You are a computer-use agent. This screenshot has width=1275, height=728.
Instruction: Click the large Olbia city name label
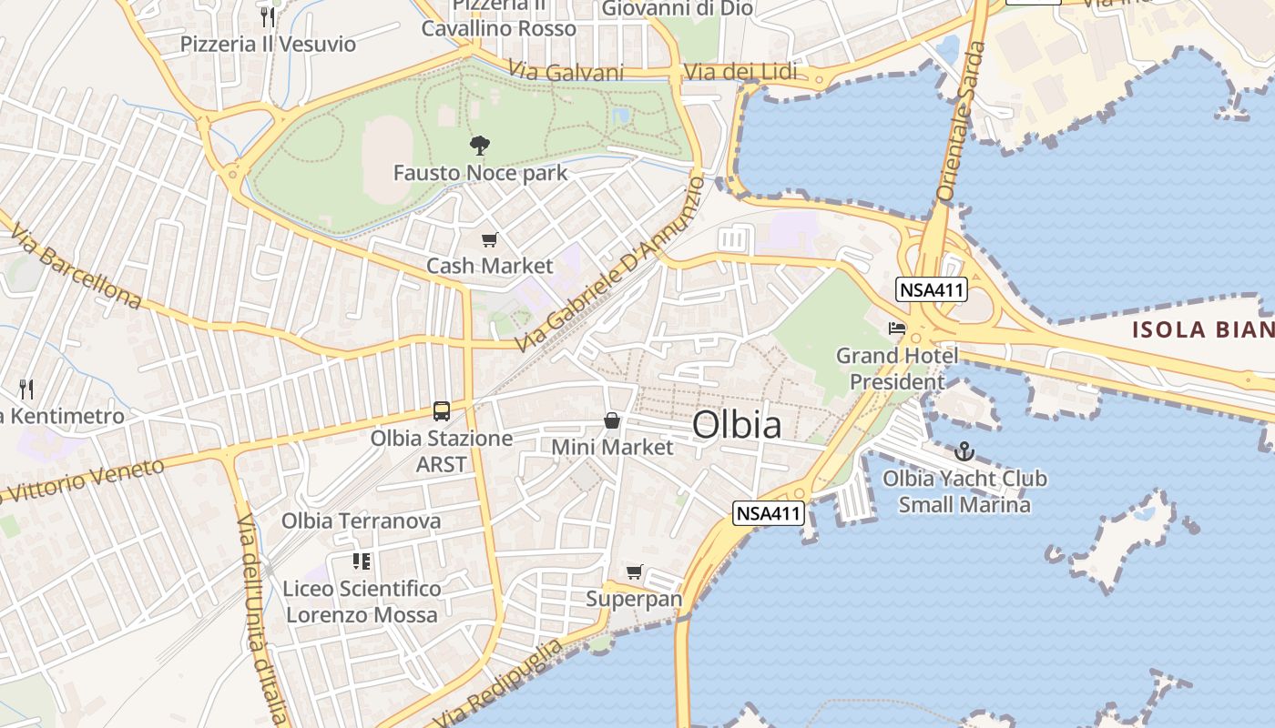(737, 425)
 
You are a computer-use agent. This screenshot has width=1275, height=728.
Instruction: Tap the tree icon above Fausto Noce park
(479, 146)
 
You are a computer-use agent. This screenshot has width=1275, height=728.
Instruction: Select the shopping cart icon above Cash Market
(490, 240)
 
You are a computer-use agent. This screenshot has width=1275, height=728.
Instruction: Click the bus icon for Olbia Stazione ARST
(442, 411)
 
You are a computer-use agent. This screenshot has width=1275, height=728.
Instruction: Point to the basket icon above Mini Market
(612, 420)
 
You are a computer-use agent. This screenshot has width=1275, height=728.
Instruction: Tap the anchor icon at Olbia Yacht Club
(964, 451)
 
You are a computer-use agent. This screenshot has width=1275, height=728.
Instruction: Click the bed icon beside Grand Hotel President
(898, 328)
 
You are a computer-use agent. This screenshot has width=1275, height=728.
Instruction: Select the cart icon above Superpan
(635, 572)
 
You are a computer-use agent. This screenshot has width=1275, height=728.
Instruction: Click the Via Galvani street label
(566, 72)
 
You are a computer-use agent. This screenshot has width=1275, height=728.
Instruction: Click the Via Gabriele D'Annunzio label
(609, 265)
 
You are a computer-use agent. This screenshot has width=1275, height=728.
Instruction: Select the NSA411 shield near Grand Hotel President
(931, 290)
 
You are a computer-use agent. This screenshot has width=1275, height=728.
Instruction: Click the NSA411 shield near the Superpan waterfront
(768, 513)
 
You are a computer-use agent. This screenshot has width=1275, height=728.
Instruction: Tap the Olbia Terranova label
(361, 521)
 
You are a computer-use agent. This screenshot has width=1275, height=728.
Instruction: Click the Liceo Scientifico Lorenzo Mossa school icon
(362, 561)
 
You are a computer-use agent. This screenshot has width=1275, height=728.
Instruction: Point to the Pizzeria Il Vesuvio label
(268, 44)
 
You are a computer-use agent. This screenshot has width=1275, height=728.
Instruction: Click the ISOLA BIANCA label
(1202, 329)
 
